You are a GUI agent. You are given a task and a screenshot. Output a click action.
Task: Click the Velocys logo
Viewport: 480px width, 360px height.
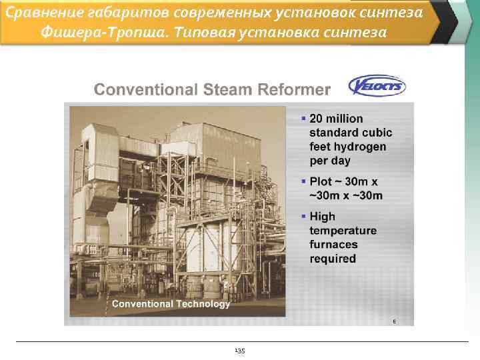(x=377, y=86)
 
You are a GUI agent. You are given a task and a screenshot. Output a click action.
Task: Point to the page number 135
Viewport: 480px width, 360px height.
(x=240, y=351)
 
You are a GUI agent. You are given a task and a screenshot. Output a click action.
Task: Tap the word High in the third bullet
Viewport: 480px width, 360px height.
(x=323, y=217)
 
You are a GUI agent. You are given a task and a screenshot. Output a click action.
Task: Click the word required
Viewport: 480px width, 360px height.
(x=333, y=259)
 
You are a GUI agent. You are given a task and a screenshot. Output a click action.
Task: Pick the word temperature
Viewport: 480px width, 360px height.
(x=343, y=231)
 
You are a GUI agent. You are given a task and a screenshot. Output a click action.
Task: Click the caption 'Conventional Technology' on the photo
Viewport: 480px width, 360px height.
(x=171, y=304)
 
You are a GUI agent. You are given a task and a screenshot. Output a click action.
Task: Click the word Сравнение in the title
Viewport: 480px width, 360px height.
(x=37, y=12)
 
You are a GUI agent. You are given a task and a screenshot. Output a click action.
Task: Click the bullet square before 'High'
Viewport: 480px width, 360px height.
(x=303, y=217)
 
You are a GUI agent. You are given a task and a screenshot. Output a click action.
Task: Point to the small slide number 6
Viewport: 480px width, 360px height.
(x=393, y=321)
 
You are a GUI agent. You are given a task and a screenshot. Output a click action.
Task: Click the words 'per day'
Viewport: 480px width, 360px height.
(x=330, y=161)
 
